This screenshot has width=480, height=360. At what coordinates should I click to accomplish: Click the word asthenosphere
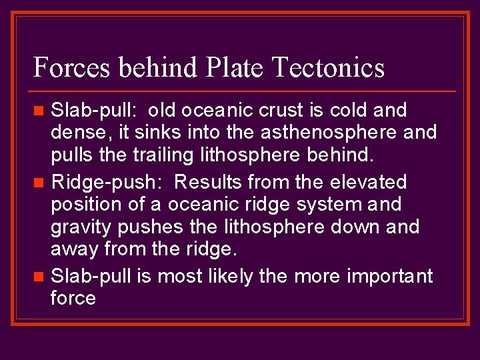(340, 133)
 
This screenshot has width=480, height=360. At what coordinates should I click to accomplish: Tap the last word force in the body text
(73, 298)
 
